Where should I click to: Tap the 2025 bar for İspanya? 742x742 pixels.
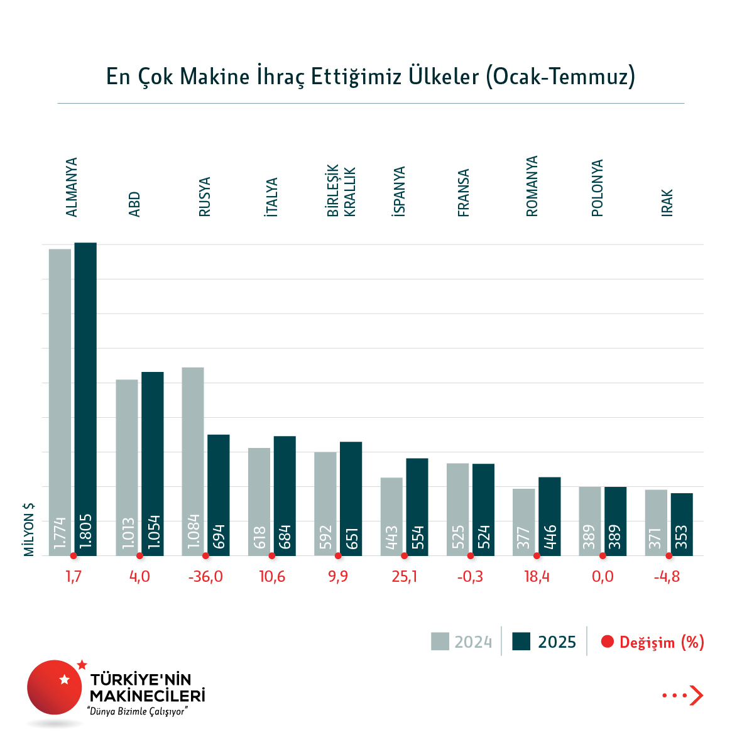click(417, 506)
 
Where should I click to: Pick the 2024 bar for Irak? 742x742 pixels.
click(656, 522)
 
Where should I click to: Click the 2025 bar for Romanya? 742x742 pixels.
click(549, 516)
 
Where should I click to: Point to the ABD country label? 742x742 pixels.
click(134, 204)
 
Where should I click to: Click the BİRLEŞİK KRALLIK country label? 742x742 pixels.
click(341, 191)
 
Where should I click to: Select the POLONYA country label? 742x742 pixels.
click(597, 188)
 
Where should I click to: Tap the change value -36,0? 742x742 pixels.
click(205, 577)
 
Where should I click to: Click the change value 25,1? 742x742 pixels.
click(404, 577)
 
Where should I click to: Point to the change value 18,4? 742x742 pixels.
click(537, 577)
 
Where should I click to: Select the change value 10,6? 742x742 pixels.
click(272, 577)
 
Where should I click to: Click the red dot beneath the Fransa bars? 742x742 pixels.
click(471, 555)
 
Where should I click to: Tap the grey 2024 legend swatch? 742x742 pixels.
click(440, 641)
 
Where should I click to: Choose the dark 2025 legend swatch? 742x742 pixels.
click(521, 641)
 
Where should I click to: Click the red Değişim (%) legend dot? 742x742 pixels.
click(607, 641)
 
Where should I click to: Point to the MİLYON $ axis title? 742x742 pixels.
click(29, 529)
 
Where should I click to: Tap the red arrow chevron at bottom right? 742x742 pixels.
click(696, 695)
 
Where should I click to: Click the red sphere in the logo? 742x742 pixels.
click(55, 687)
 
